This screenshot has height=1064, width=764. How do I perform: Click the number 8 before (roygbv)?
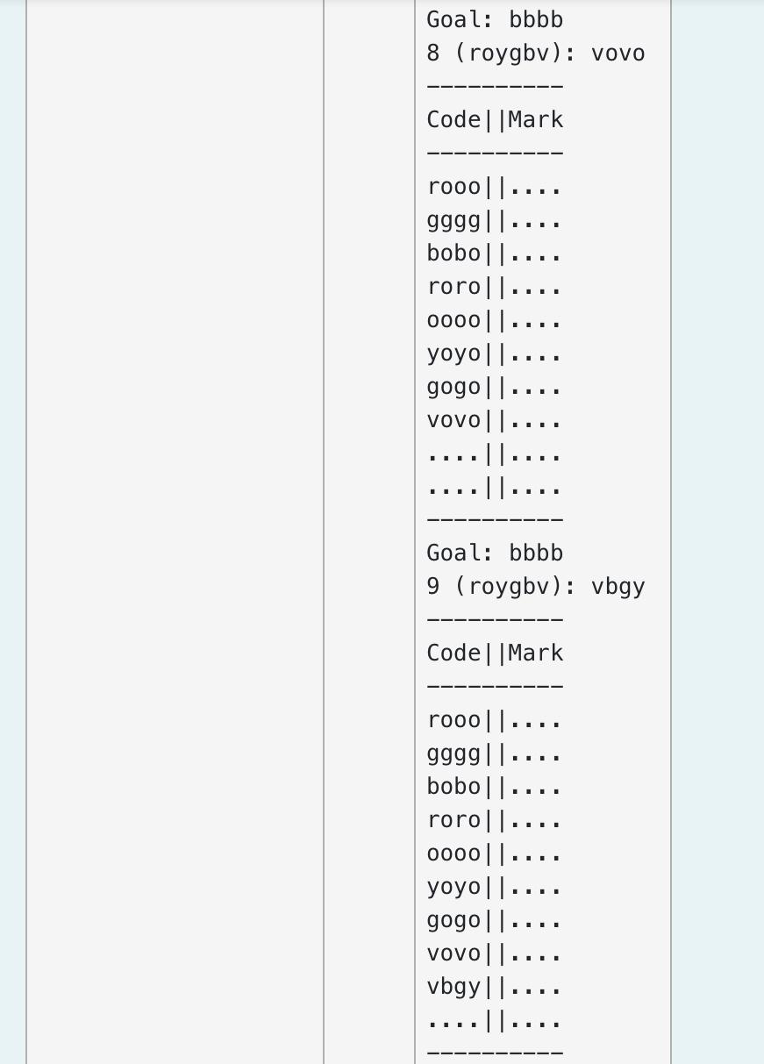(433, 54)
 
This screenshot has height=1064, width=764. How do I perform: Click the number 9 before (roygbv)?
(433, 587)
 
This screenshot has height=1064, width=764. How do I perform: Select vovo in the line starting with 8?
(618, 54)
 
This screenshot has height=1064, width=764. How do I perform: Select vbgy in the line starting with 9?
(618, 587)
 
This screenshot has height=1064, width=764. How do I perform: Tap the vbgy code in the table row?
(453, 987)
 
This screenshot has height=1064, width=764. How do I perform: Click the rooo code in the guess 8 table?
(453, 187)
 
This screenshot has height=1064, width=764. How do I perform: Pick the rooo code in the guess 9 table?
(453, 720)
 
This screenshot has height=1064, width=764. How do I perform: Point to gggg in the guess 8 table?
(453, 221)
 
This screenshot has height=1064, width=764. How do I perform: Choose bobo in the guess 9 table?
(453, 787)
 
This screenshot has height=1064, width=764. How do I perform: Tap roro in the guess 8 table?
(453, 287)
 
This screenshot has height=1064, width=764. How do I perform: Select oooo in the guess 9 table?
(453, 853)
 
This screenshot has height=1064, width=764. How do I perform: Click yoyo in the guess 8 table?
(453, 353)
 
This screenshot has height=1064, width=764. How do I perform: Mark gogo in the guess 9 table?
(453, 920)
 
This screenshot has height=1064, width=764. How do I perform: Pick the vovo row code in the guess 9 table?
(453, 953)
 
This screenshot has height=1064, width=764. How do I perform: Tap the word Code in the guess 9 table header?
(453, 653)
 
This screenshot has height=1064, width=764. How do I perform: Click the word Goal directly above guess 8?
(453, 20)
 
